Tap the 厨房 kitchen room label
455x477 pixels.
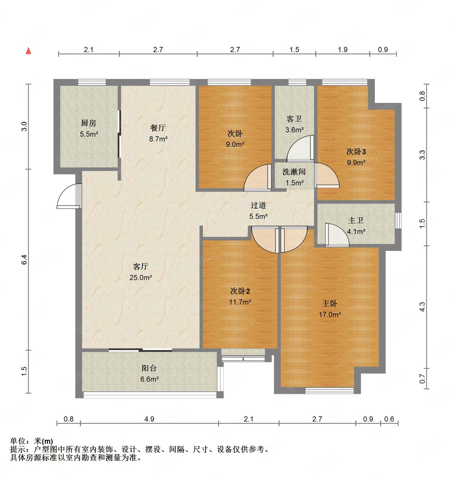tap(89, 123)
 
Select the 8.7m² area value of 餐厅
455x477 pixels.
tap(158, 139)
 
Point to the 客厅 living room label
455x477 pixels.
tap(141, 266)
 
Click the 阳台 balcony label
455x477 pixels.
tap(149, 368)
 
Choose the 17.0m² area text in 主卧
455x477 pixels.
tap(330, 314)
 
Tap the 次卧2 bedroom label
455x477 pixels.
tap(240, 291)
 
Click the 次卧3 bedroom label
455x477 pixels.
tap(356, 151)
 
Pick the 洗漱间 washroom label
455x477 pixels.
tap(294, 172)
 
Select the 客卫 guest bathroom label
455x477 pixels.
tap(294, 119)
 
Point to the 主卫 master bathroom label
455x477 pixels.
tap(356, 220)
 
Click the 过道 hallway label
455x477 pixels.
tap(258, 205)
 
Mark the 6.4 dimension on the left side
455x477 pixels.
tap(24, 260)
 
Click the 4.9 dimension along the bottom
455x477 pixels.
tap(149, 419)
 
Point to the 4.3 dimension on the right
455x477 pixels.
tap(422, 307)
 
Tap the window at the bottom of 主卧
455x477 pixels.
tap(330, 390)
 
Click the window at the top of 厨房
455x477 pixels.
tap(92, 82)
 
